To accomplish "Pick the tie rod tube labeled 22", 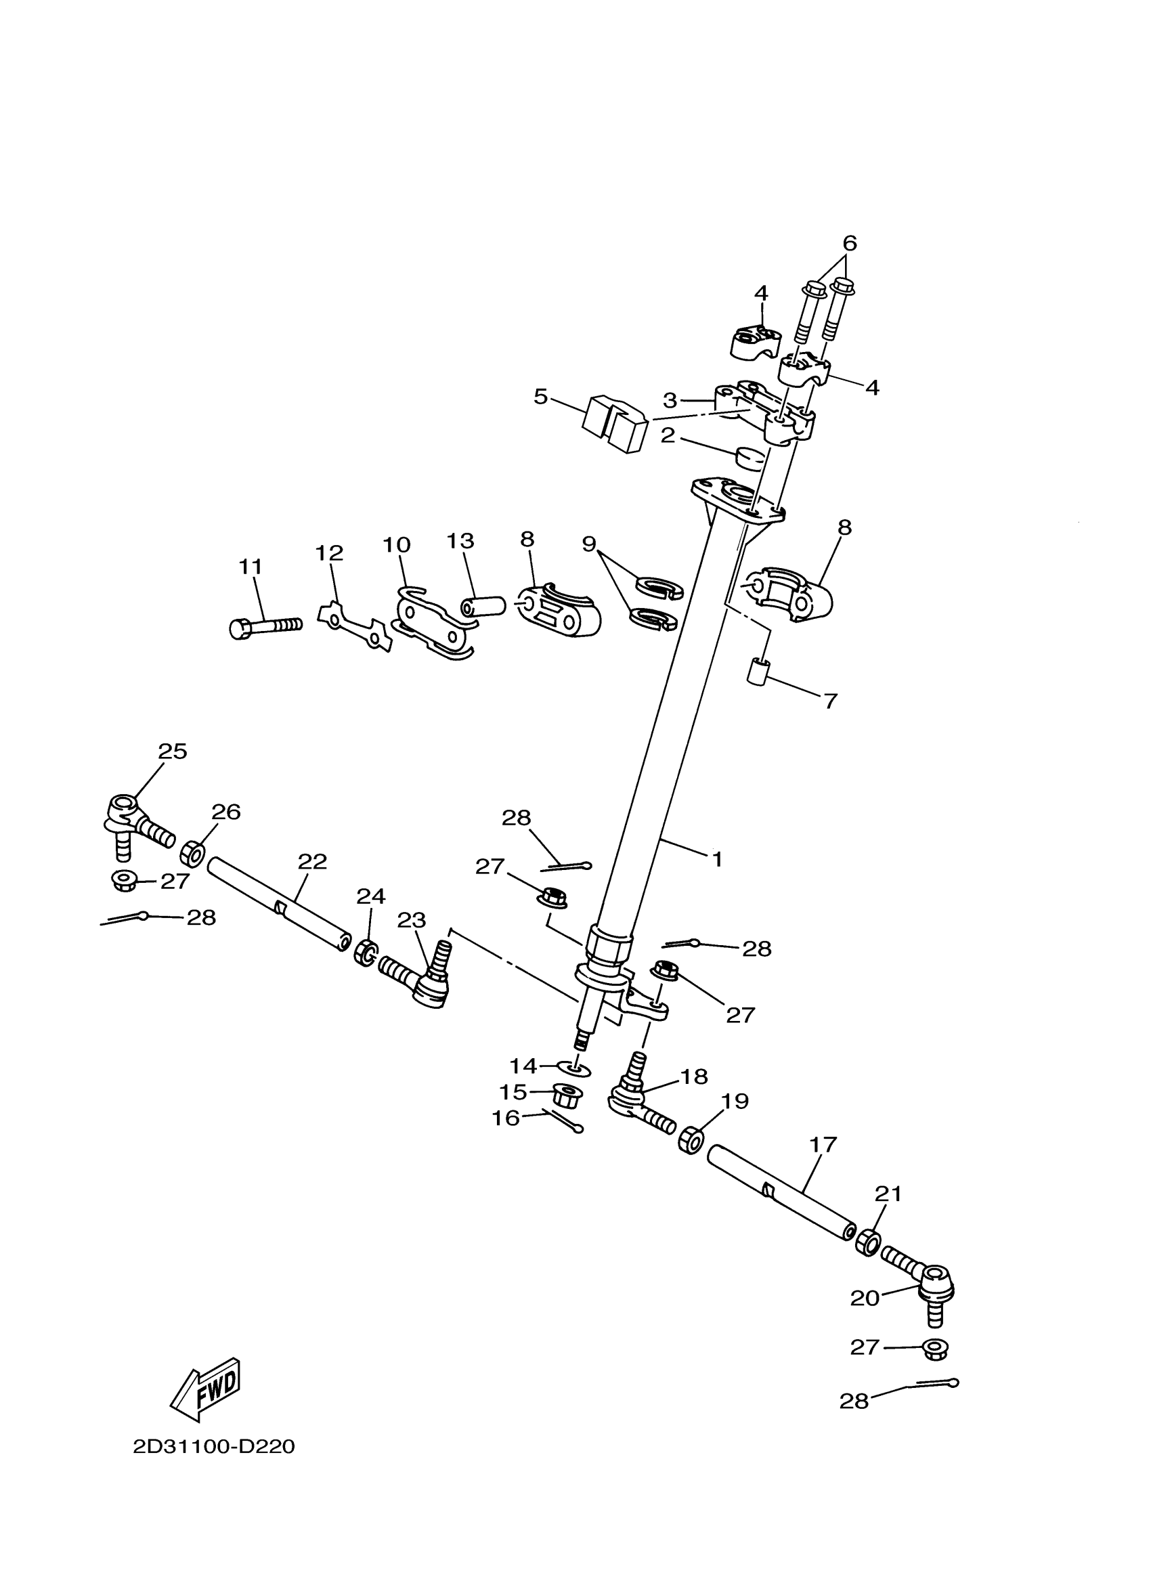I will (x=279, y=904).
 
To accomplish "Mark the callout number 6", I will (x=849, y=243).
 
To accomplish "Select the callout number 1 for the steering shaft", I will (x=716, y=859).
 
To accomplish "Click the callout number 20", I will (x=865, y=1298).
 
